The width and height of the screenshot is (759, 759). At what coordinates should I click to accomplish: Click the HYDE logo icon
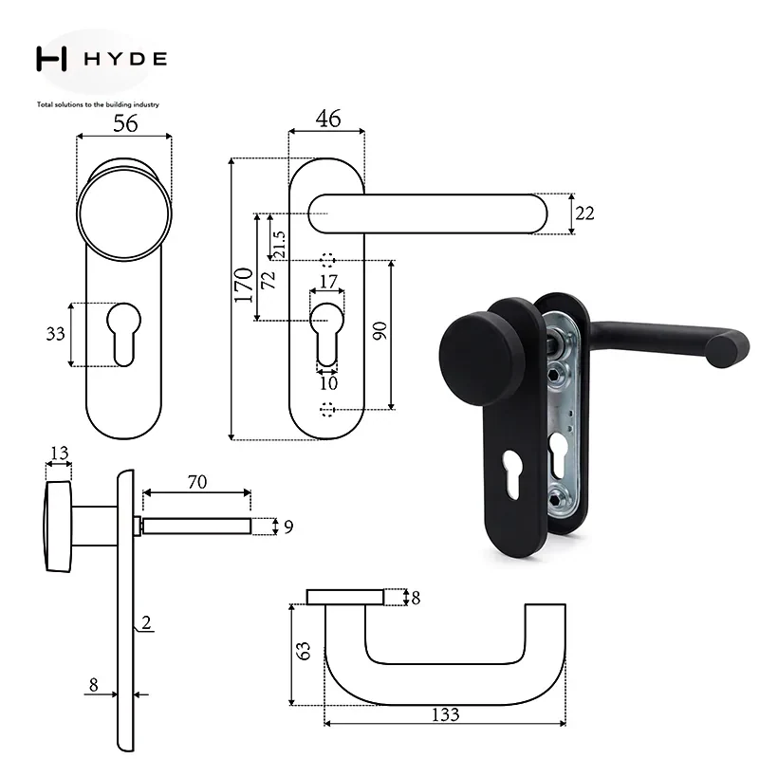pyautogui.click(x=51, y=59)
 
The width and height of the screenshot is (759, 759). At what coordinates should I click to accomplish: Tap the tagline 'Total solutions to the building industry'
pyautogui.click(x=98, y=104)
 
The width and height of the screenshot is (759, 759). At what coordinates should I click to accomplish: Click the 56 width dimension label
pyautogui.click(x=125, y=123)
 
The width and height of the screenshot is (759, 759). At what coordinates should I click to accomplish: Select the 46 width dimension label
pyautogui.click(x=327, y=119)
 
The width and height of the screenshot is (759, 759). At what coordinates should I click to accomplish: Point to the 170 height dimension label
pyautogui.click(x=244, y=286)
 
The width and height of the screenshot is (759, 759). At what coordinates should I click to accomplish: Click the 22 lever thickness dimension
pyautogui.click(x=584, y=213)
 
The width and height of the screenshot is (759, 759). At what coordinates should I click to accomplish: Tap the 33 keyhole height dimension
pyautogui.click(x=55, y=334)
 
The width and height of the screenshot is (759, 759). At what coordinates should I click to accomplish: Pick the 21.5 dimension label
pyautogui.click(x=279, y=245)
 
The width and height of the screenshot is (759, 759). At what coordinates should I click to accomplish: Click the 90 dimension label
pyautogui.click(x=380, y=330)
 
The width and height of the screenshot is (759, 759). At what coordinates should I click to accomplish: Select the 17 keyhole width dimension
pyautogui.click(x=328, y=281)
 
